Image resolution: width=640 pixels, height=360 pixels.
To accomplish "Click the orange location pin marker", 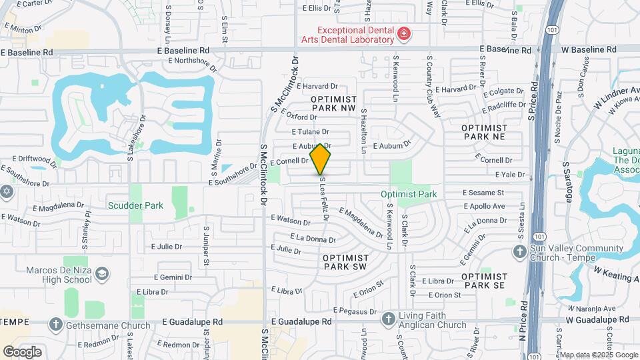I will point(321,159).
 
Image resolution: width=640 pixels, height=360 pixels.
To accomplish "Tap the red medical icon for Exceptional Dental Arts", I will point(403,33).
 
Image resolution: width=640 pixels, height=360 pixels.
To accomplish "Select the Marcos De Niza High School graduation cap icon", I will point(101,274).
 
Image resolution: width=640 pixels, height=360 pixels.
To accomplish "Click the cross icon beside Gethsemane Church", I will point(56,325).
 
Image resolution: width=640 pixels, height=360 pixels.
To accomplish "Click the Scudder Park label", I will point(135,206).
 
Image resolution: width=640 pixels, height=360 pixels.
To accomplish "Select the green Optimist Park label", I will point(408,194).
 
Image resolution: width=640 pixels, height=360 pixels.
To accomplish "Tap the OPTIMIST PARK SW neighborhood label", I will point(345,261).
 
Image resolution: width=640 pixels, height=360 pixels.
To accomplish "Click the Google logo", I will point(22,351).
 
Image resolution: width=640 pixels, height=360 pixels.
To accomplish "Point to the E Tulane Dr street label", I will point(310,132).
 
